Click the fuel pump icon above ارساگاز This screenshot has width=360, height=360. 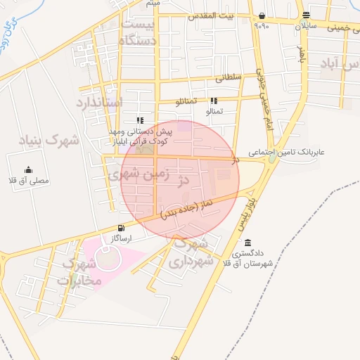point(122,228)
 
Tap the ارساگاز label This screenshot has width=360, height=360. point(122,238)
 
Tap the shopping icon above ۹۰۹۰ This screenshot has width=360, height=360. point(262,15)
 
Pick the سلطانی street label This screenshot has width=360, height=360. point(231,78)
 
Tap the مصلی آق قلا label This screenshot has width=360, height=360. point(29,180)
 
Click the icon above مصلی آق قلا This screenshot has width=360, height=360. point(28,169)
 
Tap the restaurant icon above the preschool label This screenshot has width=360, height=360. point(140,120)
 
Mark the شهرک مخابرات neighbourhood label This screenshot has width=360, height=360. point(80,273)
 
